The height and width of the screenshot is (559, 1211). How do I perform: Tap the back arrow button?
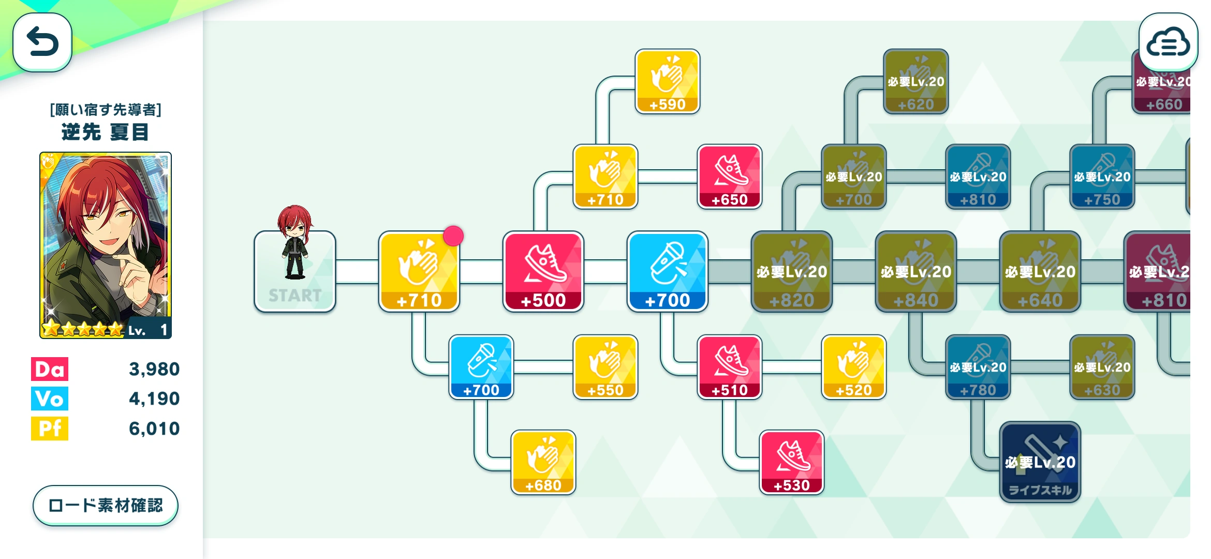42,42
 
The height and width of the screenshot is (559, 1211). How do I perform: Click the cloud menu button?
1168,42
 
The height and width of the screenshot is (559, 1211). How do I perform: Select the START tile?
295,272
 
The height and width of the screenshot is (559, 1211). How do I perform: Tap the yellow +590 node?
668,81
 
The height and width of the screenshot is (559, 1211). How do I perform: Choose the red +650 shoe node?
730,176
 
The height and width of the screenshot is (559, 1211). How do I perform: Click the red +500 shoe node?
543,272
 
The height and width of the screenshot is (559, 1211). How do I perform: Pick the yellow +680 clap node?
543,462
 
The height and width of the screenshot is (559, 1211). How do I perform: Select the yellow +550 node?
606,367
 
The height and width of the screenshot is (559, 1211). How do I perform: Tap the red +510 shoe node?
730,367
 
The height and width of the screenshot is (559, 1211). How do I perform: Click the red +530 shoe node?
792,462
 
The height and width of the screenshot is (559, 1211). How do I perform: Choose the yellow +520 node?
854,367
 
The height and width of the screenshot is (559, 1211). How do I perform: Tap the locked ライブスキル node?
1040,462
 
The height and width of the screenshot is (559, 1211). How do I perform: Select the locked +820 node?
792,272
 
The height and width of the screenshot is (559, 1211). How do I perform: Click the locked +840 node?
916,272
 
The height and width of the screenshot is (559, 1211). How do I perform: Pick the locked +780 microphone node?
978,367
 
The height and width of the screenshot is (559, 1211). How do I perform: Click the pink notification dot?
453,236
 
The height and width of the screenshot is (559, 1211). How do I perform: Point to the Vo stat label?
50,399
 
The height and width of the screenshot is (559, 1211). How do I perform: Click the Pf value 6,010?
154,429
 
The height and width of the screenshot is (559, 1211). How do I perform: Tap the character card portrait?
106,245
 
